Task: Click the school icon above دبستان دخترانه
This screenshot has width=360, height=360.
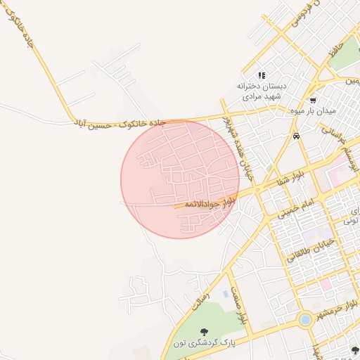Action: click(261, 75)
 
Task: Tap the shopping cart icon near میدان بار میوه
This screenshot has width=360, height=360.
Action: click(313, 100)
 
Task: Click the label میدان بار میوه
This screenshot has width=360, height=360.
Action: click(313, 111)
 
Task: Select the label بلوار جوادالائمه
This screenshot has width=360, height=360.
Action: click(209, 203)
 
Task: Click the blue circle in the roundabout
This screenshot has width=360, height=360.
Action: click(304, 320)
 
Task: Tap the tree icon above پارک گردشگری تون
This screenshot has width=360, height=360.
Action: click(204, 332)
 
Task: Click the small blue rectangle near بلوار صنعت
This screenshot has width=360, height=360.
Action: click(225, 293)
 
